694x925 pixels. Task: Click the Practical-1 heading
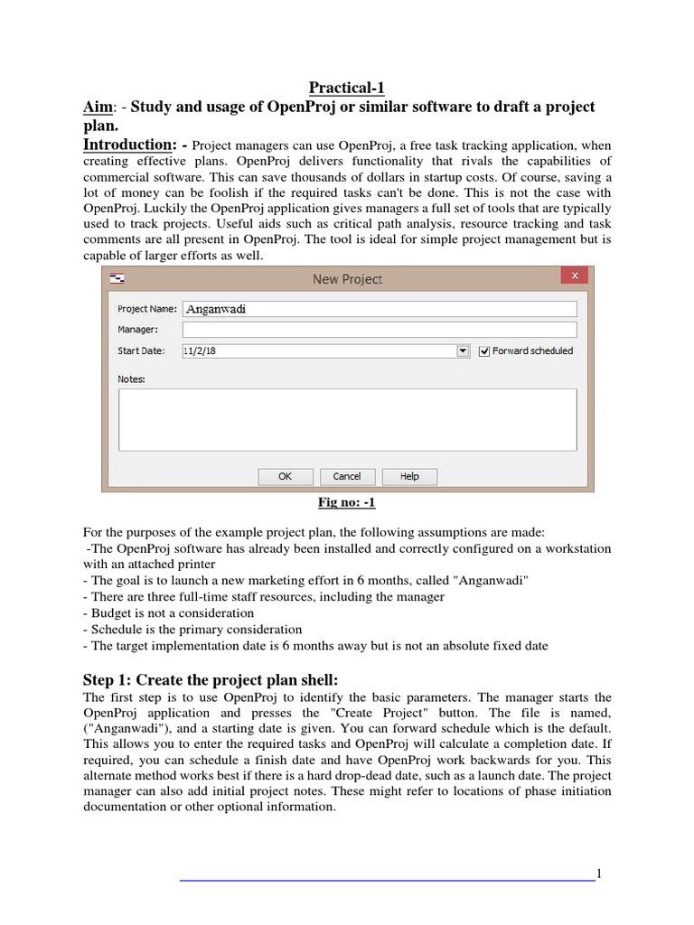(x=347, y=88)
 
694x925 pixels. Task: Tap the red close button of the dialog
(x=573, y=277)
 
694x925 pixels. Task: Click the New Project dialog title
(x=347, y=279)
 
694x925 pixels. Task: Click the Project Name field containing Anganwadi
(x=380, y=309)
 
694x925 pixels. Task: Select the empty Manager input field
(x=380, y=330)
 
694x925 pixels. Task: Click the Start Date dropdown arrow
(x=463, y=350)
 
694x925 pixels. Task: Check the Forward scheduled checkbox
(x=484, y=350)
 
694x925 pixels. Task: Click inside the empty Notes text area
(x=347, y=419)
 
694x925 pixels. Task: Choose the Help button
(x=409, y=476)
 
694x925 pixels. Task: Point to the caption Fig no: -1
(x=347, y=502)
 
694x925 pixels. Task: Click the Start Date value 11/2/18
(x=200, y=350)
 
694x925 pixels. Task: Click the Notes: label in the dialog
(x=132, y=379)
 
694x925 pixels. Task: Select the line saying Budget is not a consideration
(x=170, y=612)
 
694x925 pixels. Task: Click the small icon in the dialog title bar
(x=117, y=278)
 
